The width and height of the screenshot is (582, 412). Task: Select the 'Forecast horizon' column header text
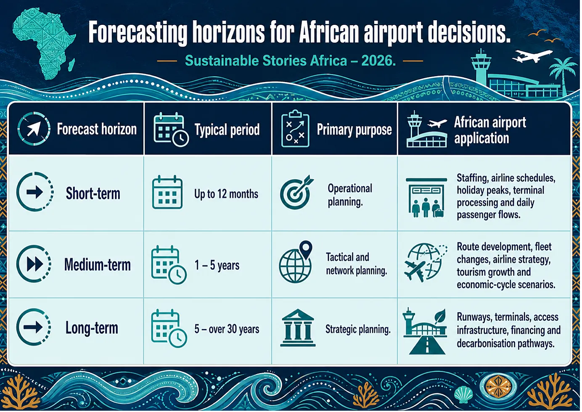[x=97, y=129]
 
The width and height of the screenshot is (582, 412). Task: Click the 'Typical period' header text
[x=227, y=129]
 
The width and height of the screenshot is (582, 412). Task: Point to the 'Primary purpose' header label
[x=354, y=129]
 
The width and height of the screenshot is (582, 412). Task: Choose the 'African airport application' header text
[x=490, y=130]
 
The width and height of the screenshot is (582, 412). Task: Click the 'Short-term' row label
[x=93, y=193]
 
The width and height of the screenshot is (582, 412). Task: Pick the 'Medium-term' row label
[x=98, y=265]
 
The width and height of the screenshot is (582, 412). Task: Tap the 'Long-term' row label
[x=91, y=328]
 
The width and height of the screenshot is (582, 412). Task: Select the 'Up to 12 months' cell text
[x=226, y=194]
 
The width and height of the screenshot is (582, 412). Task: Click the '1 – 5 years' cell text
[x=217, y=265]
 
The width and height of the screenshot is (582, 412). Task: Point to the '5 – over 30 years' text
[x=227, y=329]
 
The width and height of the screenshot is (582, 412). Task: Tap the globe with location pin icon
[x=296, y=262]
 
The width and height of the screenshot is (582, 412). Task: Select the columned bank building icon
[x=298, y=328]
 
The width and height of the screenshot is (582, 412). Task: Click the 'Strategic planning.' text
[x=358, y=329]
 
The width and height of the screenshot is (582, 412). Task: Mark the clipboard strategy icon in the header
[x=295, y=129]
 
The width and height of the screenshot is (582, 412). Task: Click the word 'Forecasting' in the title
[x=138, y=32]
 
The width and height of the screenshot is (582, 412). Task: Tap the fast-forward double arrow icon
[x=35, y=264]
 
